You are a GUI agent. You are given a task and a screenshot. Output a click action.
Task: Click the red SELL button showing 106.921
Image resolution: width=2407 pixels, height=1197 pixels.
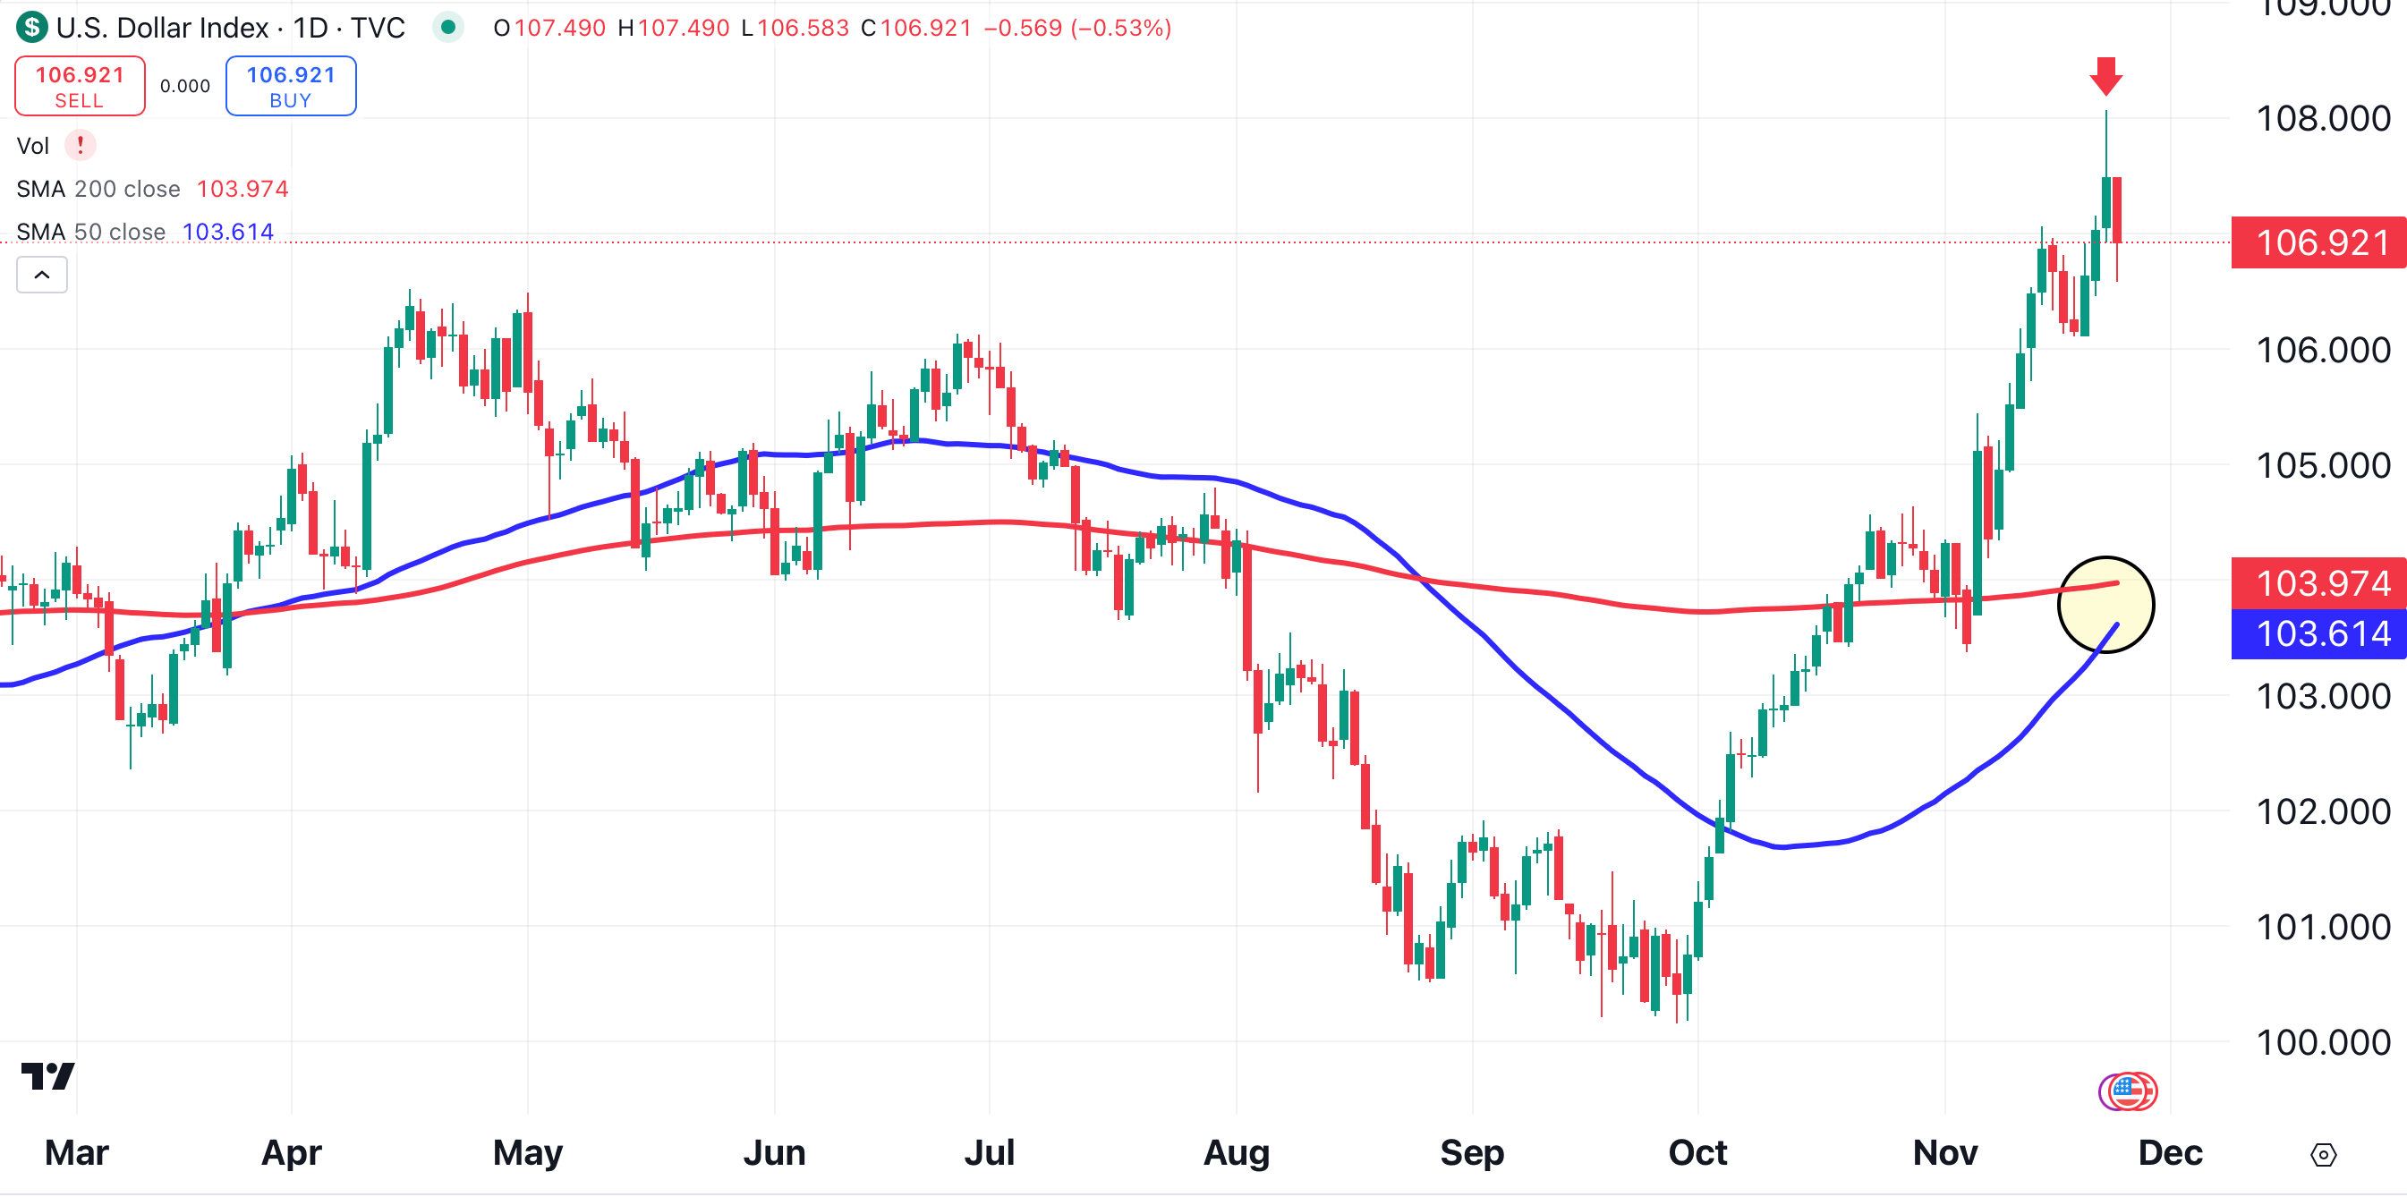pyautogui.click(x=80, y=86)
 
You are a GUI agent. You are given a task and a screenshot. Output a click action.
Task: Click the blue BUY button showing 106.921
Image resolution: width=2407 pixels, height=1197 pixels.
pyautogui.click(x=291, y=86)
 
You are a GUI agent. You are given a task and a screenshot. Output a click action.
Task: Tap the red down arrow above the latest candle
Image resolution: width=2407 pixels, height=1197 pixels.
pyautogui.click(x=2105, y=76)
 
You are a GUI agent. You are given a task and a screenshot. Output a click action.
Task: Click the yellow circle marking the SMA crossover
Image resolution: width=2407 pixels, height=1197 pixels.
pyautogui.click(x=2105, y=605)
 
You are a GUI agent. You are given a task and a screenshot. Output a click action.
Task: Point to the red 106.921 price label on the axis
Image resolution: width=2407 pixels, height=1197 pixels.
pyautogui.click(x=2320, y=243)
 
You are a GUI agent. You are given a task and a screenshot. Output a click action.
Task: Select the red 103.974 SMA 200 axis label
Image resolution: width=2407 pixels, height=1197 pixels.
pyautogui.click(x=2320, y=583)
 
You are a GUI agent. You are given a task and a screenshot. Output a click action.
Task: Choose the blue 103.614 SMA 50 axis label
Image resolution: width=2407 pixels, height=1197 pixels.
pyautogui.click(x=2320, y=633)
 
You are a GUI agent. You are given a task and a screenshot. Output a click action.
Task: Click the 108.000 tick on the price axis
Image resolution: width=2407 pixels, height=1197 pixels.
pyautogui.click(x=2322, y=119)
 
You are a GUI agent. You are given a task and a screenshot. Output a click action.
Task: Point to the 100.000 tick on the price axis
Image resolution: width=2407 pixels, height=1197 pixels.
pyautogui.click(x=2322, y=1042)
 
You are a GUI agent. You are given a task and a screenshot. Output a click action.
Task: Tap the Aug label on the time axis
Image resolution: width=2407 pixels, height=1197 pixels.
pyautogui.click(x=1236, y=1153)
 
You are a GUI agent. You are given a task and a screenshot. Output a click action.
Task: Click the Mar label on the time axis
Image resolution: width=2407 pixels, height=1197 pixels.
pyautogui.click(x=77, y=1153)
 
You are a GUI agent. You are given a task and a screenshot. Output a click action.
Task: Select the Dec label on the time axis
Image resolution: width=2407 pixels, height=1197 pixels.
pyautogui.click(x=2170, y=1153)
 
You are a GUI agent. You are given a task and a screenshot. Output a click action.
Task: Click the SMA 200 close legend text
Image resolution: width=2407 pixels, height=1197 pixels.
pyautogui.click(x=98, y=189)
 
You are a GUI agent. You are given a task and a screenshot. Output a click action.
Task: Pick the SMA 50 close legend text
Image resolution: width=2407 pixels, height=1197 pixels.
pyautogui.click(x=90, y=232)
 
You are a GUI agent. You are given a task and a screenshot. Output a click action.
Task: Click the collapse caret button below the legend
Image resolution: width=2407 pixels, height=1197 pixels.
pyautogui.click(x=42, y=275)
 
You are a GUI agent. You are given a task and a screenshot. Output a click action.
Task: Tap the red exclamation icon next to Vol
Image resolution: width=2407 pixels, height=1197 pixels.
pyautogui.click(x=81, y=145)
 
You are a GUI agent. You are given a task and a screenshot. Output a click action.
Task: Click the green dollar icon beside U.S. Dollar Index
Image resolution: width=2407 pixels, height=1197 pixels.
pyautogui.click(x=32, y=27)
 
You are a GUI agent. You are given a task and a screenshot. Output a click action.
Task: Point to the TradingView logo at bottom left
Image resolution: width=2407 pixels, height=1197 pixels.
pyautogui.click(x=47, y=1076)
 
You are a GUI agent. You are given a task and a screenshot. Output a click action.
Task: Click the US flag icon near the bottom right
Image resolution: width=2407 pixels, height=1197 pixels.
pyautogui.click(x=2129, y=1091)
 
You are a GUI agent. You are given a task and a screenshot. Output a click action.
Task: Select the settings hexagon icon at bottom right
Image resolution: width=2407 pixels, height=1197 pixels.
pyautogui.click(x=2323, y=1155)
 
